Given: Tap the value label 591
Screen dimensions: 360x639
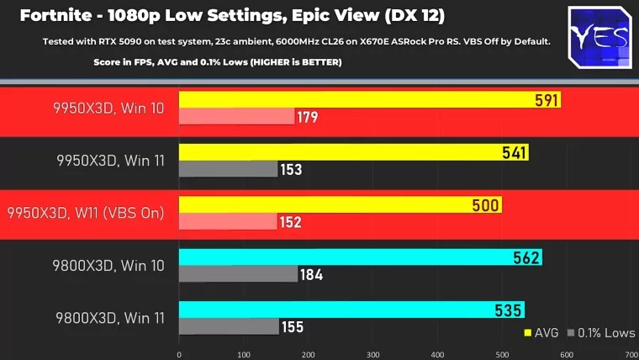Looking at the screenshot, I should click(x=547, y=101).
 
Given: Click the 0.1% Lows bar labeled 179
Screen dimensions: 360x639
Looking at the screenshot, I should click(x=236, y=117).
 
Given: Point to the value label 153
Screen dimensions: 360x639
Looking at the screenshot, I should click(x=292, y=170).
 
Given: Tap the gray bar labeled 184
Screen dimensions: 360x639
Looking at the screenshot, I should click(x=238, y=274).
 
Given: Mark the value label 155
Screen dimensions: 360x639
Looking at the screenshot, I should click(x=293, y=326).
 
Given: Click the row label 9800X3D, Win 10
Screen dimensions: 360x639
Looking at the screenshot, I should click(x=110, y=266).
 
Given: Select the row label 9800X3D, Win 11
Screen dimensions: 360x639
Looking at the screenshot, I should click(x=110, y=318).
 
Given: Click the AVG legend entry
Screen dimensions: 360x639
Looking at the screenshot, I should click(x=542, y=332).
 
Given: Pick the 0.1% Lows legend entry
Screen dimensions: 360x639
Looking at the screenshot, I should click(x=600, y=332).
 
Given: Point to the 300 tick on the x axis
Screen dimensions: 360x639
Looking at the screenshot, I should click(x=372, y=354).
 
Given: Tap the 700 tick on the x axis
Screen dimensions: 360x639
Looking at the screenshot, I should click(x=631, y=354).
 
